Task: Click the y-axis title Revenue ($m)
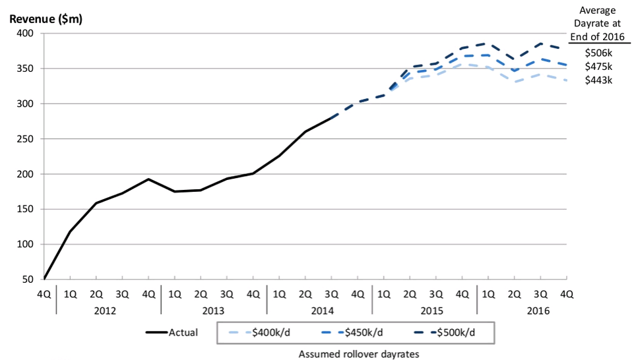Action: [x=45, y=18]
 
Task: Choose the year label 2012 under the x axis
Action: [x=109, y=309]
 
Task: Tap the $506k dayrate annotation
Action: [x=598, y=52]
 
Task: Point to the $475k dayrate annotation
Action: [x=598, y=66]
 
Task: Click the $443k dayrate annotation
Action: [x=598, y=80]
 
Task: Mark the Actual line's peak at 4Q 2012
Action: [x=148, y=179]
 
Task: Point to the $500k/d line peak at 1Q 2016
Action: [x=488, y=43]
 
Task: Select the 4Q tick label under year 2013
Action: [x=253, y=293]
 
